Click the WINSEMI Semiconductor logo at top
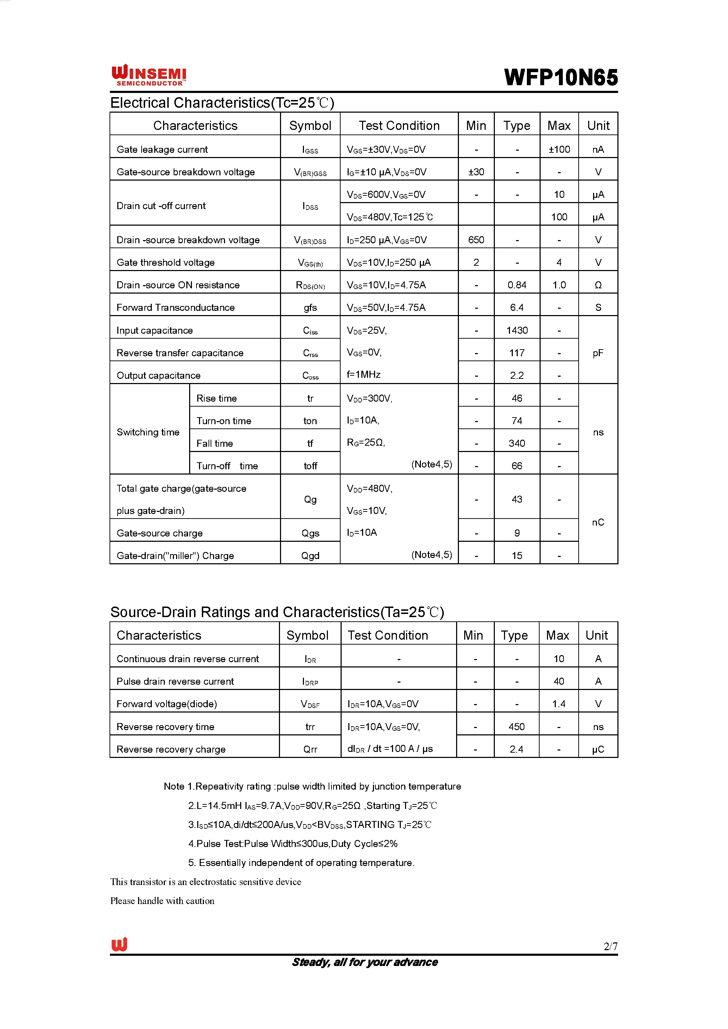(x=149, y=75)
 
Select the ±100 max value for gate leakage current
(x=559, y=149)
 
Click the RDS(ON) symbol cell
(x=310, y=286)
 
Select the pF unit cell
(x=598, y=353)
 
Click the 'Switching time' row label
(x=148, y=432)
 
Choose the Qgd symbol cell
(x=310, y=556)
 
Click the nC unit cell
(x=598, y=522)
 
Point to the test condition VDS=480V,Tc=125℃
(x=390, y=217)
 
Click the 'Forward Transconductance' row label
(x=175, y=307)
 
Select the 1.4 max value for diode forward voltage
(x=558, y=704)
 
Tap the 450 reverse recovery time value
(x=516, y=727)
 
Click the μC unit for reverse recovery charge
(x=598, y=749)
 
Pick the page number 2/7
(x=610, y=946)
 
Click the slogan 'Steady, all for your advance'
(x=365, y=962)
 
